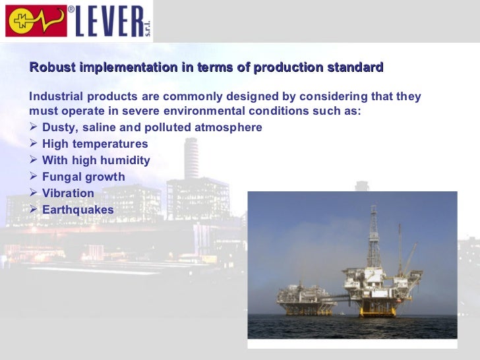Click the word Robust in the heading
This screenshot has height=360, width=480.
point(53,68)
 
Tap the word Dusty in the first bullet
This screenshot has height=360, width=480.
point(57,127)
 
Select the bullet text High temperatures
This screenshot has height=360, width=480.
point(95,144)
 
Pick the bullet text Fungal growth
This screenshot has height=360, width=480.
point(83,177)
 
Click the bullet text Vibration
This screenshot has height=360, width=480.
point(68,193)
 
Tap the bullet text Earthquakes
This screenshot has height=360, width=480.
point(78,210)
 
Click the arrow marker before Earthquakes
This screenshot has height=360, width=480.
point(34,210)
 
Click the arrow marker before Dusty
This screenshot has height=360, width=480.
point(34,127)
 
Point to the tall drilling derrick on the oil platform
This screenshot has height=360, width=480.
point(375,235)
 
